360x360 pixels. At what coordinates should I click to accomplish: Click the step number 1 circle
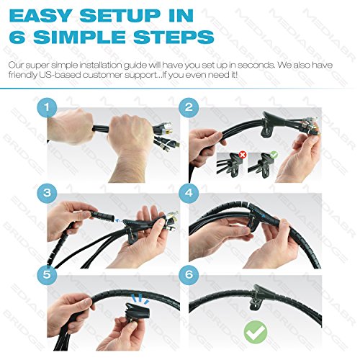pyautogui.click(x=47, y=107)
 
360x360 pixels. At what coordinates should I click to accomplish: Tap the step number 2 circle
pyautogui.click(x=189, y=107)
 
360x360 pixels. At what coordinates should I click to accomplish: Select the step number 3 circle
pyautogui.click(x=47, y=193)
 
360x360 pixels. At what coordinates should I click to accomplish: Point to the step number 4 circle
pyautogui.click(x=189, y=193)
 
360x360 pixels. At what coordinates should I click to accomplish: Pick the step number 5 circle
pyautogui.click(x=47, y=274)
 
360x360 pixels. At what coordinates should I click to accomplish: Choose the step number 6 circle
pyautogui.click(x=189, y=274)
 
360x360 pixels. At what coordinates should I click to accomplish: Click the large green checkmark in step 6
pyautogui.click(x=256, y=332)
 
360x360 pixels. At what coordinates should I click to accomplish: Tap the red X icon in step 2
pyautogui.click(x=243, y=155)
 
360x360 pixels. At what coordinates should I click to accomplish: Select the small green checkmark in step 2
pyautogui.click(x=274, y=155)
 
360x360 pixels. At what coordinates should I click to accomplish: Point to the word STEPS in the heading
pyautogui.click(x=174, y=37)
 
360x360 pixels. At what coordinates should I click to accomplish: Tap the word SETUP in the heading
pyautogui.click(x=119, y=16)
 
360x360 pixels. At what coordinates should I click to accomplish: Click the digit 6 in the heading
pyautogui.click(x=17, y=37)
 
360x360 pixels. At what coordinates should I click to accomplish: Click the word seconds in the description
pyautogui.click(x=256, y=65)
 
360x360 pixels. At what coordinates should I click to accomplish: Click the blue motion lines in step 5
pyautogui.click(x=140, y=298)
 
